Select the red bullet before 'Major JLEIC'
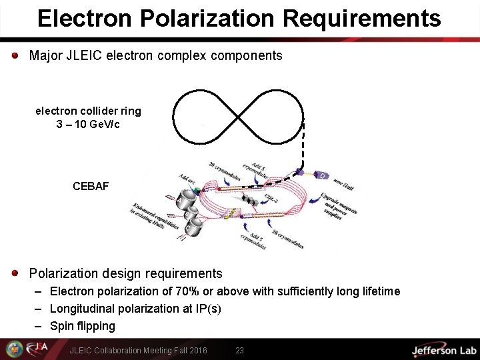[15, 55]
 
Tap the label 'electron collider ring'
[88, 111]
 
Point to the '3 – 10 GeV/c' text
[88, 125]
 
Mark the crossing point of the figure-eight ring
[238, 117]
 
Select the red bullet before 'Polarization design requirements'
[15, 273]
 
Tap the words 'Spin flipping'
[83, 326]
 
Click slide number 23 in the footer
[240, 350]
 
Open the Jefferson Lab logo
[443, 350]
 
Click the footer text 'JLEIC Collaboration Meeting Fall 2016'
[138, 350]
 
